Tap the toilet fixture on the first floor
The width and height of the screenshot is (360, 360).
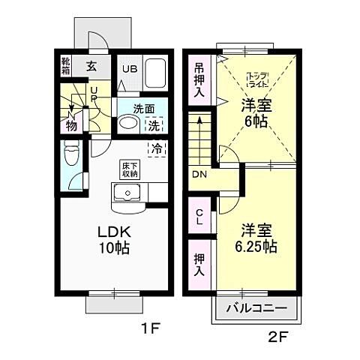pos(72,155)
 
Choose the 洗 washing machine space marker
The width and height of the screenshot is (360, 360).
pos(154,126)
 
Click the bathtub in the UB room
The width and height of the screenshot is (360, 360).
pos(156,73)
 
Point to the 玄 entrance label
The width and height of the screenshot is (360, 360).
pos(91,66)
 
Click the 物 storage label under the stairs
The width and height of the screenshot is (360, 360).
pos(70,124)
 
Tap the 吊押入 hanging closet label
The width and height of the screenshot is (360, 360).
pos(199,79)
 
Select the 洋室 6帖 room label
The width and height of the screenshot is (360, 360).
pos(256,112)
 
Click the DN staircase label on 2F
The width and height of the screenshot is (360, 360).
pos(199,175)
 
